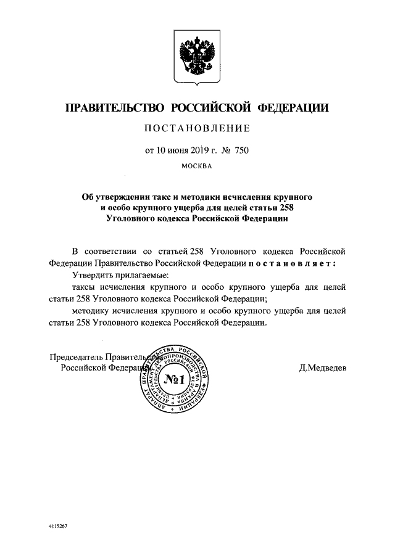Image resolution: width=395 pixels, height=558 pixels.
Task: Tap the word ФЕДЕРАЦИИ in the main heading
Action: [292, 109]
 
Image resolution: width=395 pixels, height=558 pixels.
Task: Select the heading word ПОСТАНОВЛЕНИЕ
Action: [197, 129]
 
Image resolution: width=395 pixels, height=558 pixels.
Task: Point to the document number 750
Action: [241, 149]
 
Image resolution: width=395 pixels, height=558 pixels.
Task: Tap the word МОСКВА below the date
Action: [197, 166]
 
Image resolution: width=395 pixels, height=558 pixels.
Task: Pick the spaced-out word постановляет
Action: [293, 262]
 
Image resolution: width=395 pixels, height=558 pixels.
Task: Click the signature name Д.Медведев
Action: [323, 368]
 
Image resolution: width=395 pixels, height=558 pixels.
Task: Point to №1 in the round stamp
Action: [175, 379]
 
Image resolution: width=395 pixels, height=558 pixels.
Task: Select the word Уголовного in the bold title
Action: [134, 218]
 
